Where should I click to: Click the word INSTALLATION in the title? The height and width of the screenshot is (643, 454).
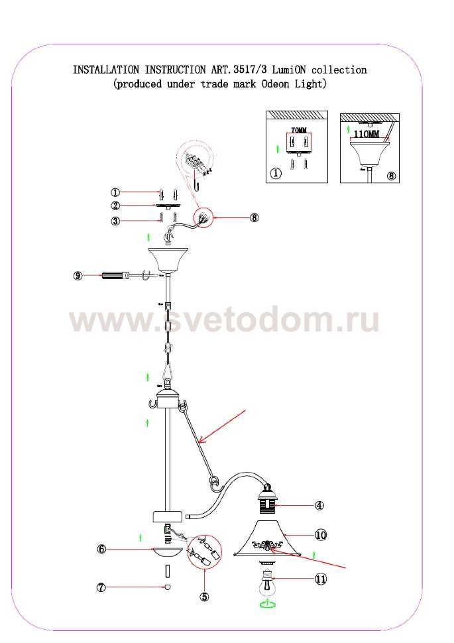click(106, 70)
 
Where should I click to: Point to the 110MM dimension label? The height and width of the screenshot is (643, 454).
click(367, 135)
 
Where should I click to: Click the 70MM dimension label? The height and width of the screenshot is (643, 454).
click(298, 131)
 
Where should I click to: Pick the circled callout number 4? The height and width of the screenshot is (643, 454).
click(319, 506)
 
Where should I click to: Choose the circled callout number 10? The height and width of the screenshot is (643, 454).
click(321, 535)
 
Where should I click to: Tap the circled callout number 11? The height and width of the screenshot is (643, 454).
click(321, 579)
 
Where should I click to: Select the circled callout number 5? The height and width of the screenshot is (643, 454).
click(205, 597)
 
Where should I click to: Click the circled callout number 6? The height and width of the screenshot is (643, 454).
click(101, 549)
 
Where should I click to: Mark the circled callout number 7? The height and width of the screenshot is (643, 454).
click(101, 587)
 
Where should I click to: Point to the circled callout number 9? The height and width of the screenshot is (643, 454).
click(78, 276)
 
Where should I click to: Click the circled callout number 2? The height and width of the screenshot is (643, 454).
click(115, 205)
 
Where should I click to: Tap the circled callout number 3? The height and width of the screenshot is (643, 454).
click(115, 221)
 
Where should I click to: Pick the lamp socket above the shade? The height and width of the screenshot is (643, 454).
click(267, 502)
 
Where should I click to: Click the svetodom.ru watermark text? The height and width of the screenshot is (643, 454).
click(224, 321)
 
